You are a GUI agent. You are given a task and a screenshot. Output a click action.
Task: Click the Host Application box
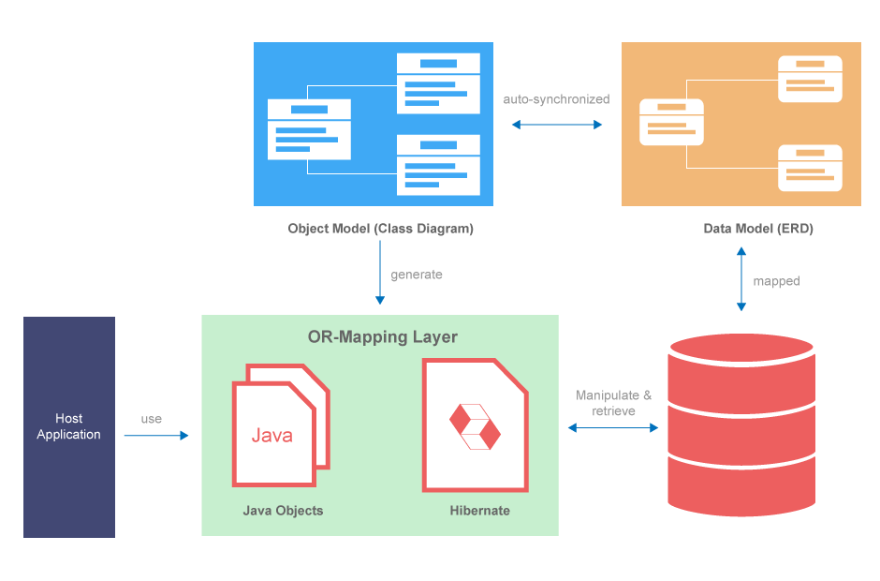pyautogui.click(x=69, y=426)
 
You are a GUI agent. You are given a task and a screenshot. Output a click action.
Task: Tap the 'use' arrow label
pyautogui.click(x=151, y=419)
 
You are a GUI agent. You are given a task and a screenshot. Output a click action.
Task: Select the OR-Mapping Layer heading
pyautogui.click(x=382, y=336)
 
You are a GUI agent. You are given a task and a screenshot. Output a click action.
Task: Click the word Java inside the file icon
pyautogui.click(x=271, y=435)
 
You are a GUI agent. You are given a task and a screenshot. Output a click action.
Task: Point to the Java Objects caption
pyautogui.click(x=283, y=511)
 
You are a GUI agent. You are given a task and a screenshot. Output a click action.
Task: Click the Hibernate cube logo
pyautogui.click(x=475, y=426)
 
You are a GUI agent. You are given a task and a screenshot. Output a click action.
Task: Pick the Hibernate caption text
pyautogui.click(x=479, y=511)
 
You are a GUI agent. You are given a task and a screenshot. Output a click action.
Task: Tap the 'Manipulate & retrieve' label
pyautogui.click(x=613, y=403)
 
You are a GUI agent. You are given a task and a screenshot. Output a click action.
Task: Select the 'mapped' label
pyautogui.click(x=776, y=281)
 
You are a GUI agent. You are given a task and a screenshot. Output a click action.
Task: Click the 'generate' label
pyautogui.click(x=417, y=275)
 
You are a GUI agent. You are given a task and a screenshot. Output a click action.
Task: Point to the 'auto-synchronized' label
pyautogui.click(x=556, y=98)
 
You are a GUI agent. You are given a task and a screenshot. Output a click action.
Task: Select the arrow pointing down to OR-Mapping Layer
pyautogui.click(x=380, y=273)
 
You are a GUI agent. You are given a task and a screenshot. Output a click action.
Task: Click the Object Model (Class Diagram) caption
pyautogui.click(x=380, y=229)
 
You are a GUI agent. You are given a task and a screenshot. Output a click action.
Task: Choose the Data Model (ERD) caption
pyautogui.click(x=745, y=229)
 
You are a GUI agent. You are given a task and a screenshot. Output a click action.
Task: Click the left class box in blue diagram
pyautogui.click(x=309, y=128)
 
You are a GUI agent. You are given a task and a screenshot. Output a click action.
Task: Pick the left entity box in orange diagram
pyautogui.click(x=671, y=122)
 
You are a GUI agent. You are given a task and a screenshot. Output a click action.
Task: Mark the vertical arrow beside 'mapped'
pyautogui.click(x=741, y=279)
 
